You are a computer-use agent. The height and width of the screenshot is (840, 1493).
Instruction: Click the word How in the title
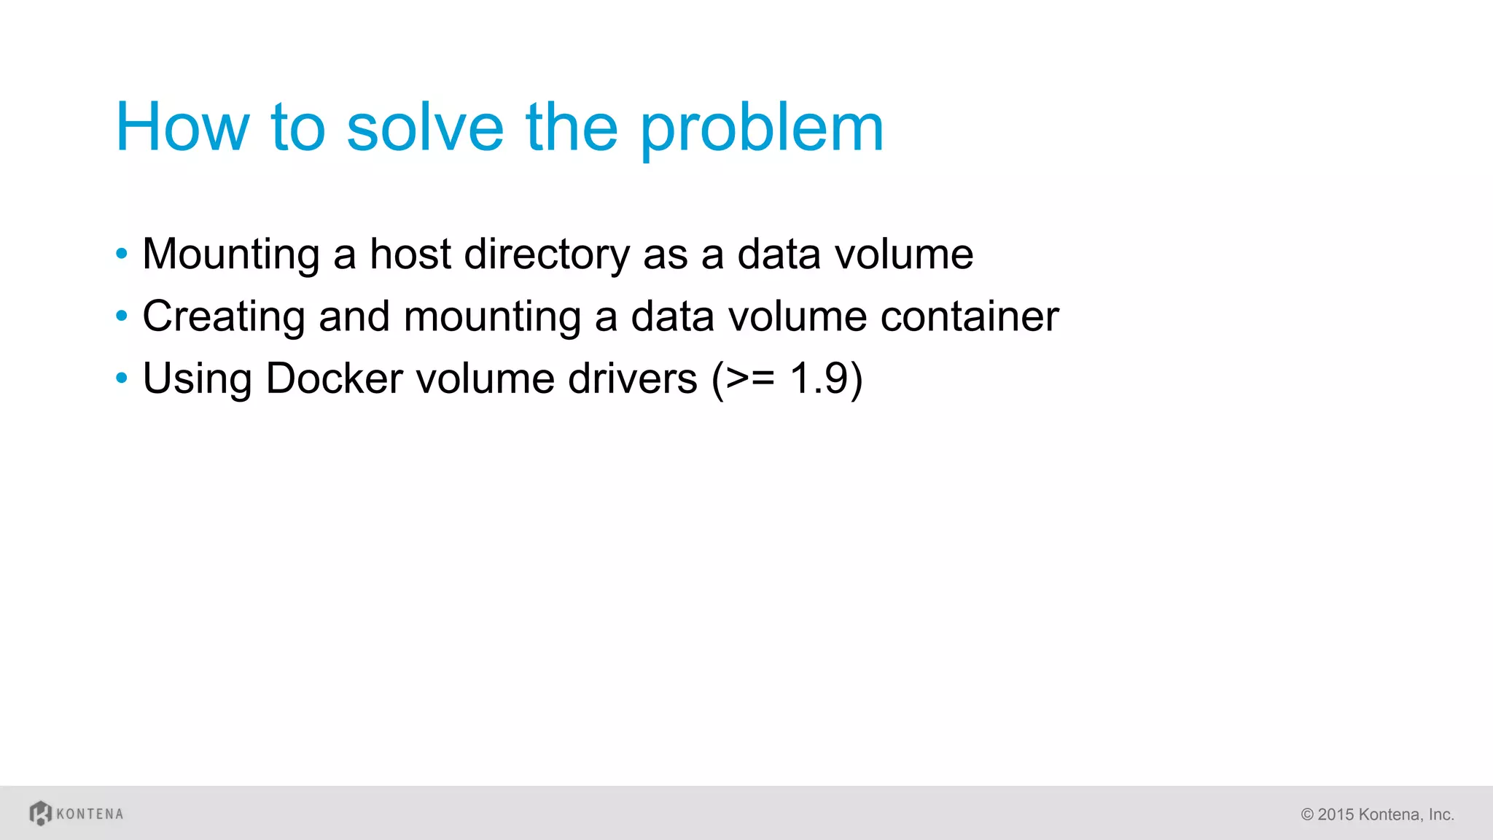(x=182, y=128)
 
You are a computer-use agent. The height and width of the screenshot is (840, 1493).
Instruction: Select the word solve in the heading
(x=425, y=128)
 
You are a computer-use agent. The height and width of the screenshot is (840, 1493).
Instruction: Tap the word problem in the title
(x=762, y=129)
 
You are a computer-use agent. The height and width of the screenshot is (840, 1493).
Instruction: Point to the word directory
(x=547, y=255)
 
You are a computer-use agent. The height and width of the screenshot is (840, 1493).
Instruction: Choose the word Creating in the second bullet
(x=224, y=317)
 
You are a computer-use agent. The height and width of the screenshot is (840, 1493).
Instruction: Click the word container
(x=970, y=316)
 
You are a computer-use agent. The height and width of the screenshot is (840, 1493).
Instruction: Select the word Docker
(x=334, y=378)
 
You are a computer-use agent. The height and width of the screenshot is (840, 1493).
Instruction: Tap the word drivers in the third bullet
(x=632, y=378)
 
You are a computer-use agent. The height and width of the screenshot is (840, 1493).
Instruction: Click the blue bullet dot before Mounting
(x=122, y=254)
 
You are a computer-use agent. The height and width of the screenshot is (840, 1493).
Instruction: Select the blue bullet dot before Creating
(x=122, y=316)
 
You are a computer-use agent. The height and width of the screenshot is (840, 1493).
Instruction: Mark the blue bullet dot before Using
(x=122, y=378)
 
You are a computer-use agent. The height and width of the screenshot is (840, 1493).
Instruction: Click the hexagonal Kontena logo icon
(x=41, y=813)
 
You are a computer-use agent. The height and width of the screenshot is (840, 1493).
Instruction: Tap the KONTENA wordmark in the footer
(x=90, y=814)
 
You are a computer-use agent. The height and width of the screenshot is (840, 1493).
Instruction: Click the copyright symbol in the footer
(x=1307, y=814)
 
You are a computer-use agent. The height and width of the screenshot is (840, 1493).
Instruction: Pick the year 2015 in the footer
(x=1336, y=814)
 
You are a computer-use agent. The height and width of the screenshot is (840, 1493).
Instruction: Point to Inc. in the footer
(x=1441, y=814)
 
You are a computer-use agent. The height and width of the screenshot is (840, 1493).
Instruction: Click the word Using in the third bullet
(x=197, y=379)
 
